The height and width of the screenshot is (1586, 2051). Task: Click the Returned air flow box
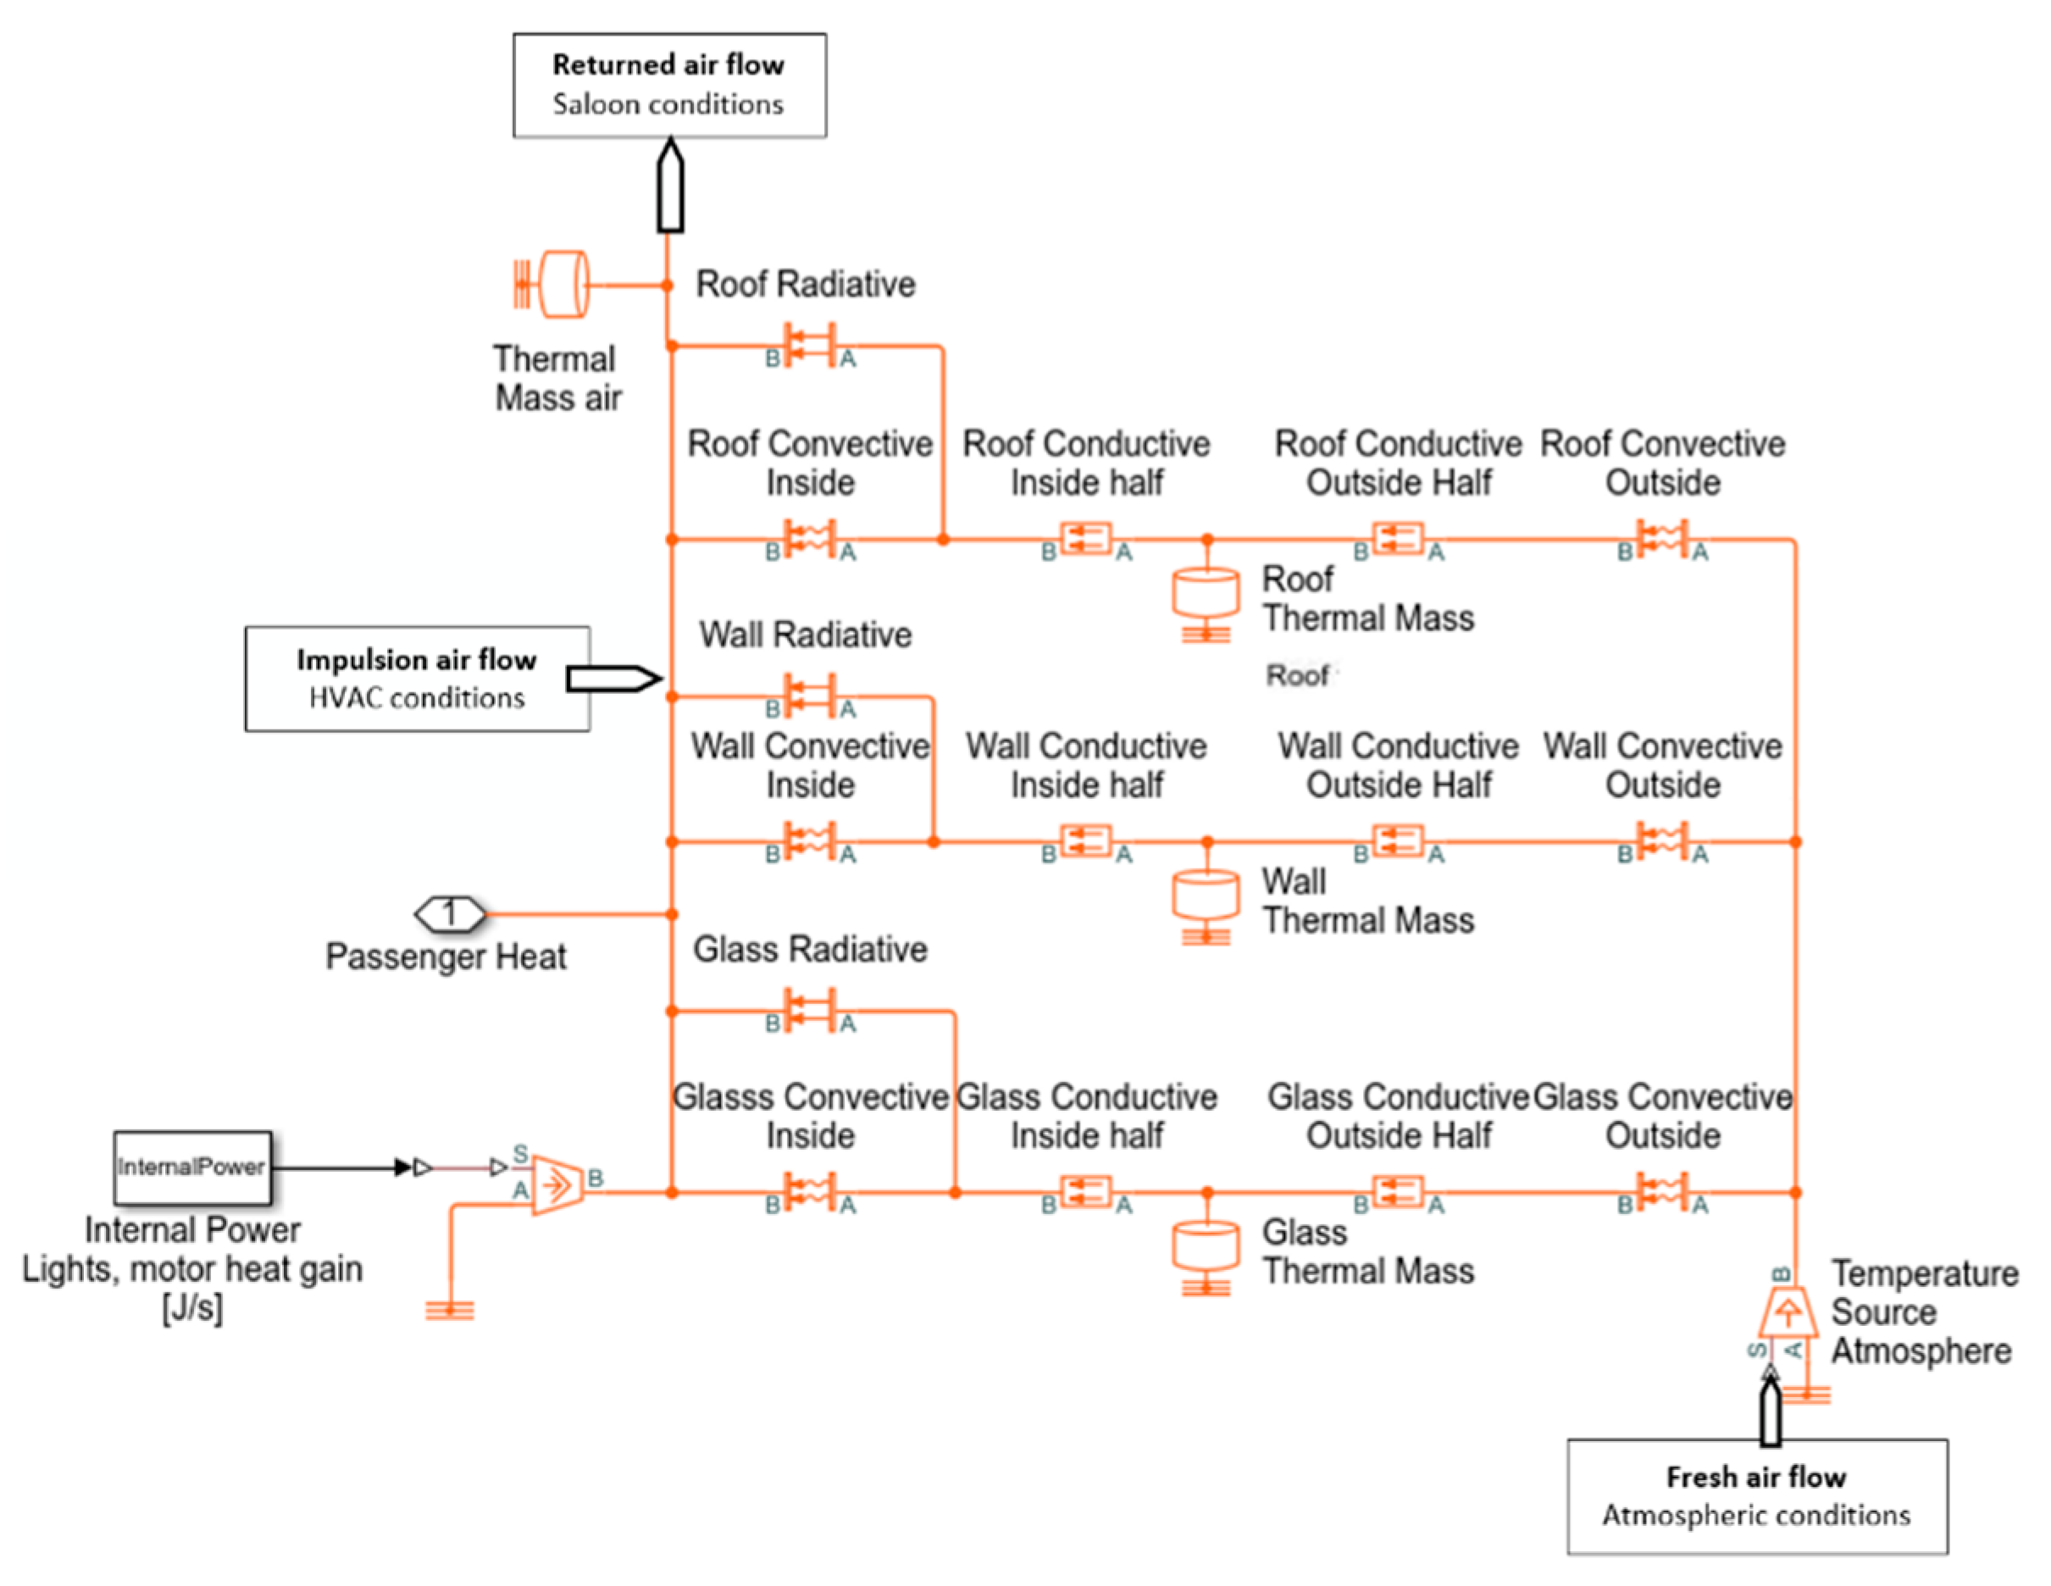[x=668, y=86]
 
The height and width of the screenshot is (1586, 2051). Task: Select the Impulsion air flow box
[x=417, y=678]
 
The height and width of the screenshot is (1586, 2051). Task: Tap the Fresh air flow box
[x=1755, y=1496]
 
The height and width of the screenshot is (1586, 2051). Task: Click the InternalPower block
[x=192, y=1167]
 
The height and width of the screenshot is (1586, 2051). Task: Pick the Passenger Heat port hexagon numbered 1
[x=451, y=912]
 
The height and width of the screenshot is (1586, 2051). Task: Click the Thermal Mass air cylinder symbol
[x=562, y=284]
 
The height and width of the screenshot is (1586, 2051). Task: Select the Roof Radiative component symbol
[x=810, y=346]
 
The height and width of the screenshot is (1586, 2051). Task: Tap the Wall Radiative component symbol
[x=810, y=696]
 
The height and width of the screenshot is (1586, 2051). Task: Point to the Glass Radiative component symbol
[x=810, y=1011]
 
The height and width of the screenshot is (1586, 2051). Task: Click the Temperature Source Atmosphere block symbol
[x=1788, y=1312]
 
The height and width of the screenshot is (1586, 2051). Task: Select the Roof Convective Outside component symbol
[x=1661, y=539]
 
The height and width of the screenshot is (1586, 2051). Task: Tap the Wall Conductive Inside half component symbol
[x=1085, y=840]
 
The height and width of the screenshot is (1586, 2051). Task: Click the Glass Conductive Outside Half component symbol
[x=1397, y=1191]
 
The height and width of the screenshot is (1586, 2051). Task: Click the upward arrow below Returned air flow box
[x=668, y=186]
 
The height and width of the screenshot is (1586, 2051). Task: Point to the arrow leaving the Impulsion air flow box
[x=613, y=678]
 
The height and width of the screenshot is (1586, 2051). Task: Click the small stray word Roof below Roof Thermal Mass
[x=1298, y=674]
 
